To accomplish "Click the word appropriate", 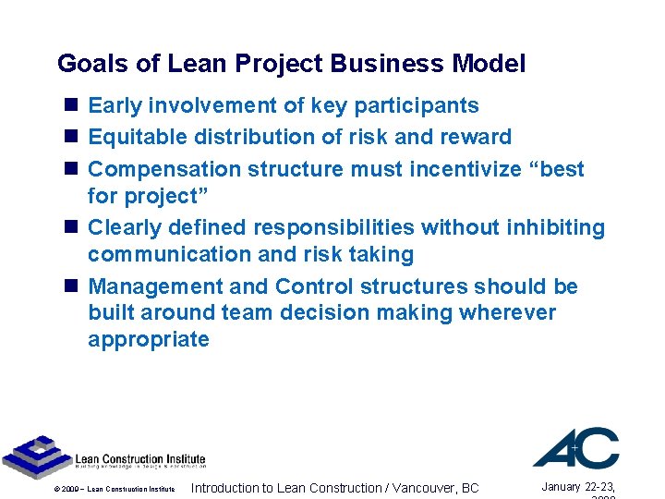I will tap(149, 339).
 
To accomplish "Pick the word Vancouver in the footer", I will tap(419, 488).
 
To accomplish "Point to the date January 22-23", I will tap(577, 487).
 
